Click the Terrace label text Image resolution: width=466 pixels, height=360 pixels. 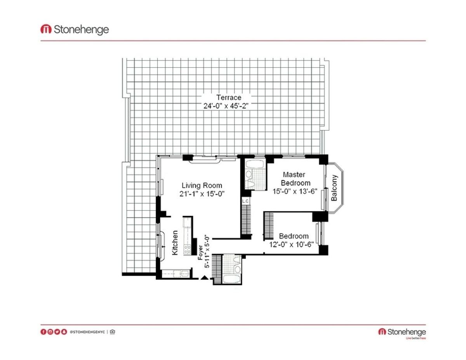tap(229, 97)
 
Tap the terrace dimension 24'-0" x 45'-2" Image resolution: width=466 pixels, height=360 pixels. tap(226, 106)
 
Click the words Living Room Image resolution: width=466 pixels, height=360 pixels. tap(202, 186)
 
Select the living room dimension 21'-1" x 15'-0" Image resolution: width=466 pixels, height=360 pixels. tap(202, 194)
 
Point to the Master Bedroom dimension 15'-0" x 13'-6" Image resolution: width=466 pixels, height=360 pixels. tap(295, 191)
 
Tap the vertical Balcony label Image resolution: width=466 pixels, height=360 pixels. tap(334, 188)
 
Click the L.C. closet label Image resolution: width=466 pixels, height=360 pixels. tap(245, 201)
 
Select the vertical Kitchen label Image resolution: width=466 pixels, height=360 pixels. tap(175, 243)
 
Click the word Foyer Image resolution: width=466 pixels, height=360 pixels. tap(200, 252)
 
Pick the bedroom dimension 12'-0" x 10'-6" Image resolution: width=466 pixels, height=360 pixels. tap(291, 244)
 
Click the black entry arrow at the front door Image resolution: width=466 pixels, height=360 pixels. tap(204, 277)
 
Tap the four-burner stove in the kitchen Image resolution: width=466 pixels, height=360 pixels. tap(187, 250)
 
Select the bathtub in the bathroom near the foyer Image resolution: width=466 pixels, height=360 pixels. tap(232, 279)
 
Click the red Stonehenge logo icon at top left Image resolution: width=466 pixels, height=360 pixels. tap(46, 29)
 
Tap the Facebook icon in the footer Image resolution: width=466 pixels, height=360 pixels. tap(43, 332)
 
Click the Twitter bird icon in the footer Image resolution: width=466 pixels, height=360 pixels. tap(57, 332)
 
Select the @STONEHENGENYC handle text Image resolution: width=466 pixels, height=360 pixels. tap(87, 332)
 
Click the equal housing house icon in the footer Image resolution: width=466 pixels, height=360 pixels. tap(112, 332)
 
